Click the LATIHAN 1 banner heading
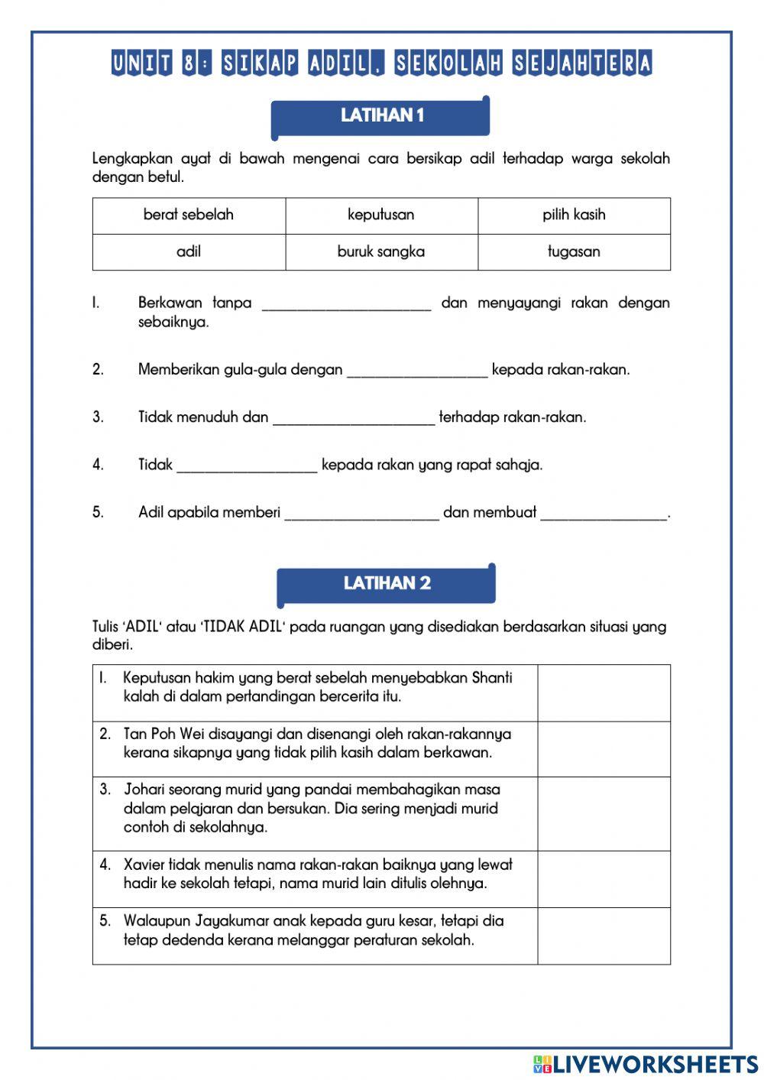coord(381,115)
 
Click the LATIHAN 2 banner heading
coord(387,583)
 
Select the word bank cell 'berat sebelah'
coord(189,215)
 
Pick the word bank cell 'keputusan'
coord(381,215)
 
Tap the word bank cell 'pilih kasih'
coord(574,215)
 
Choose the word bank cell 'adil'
coord(189,251)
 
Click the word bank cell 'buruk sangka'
coord(381,251)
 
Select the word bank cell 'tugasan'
coord(574,251)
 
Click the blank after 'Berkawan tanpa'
coord(346,303)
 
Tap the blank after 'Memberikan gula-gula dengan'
coord(417,369)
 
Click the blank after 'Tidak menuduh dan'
coord(353,417)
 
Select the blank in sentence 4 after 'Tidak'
coord(246,464)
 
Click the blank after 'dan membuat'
coord(604,512)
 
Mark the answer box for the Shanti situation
coord(604,692)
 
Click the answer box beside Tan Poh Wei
coord(604,749)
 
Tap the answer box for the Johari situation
coord(604,814)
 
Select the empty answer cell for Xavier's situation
coord(604,880)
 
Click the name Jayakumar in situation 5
coord(231,921)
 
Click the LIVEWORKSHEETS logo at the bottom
coord(646,1064)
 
